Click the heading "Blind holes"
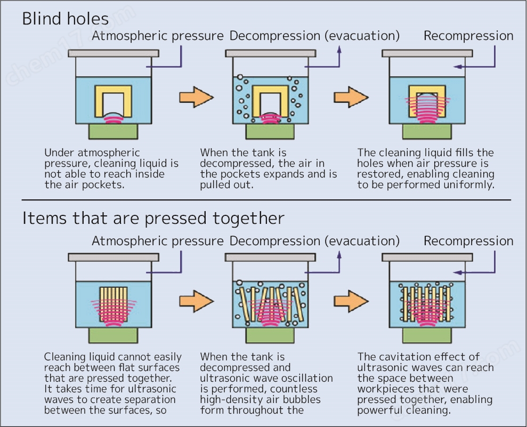(65, 19)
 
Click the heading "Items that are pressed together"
(153, 218)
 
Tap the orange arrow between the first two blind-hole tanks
(196, 98)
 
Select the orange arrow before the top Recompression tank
(351, 98)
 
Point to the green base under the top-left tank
(113, 131)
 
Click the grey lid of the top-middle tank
(270, 53)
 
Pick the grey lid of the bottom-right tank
(427, 257)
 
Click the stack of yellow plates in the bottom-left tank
(113, 304)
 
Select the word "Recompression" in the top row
(468, 36)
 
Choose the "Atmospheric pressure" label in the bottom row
(157, 240)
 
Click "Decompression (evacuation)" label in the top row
(314, 36)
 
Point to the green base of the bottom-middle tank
(270, 335)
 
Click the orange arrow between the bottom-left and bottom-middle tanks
(196, 301)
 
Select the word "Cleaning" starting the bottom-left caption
(64, 357)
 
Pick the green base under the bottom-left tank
(113, 335)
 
